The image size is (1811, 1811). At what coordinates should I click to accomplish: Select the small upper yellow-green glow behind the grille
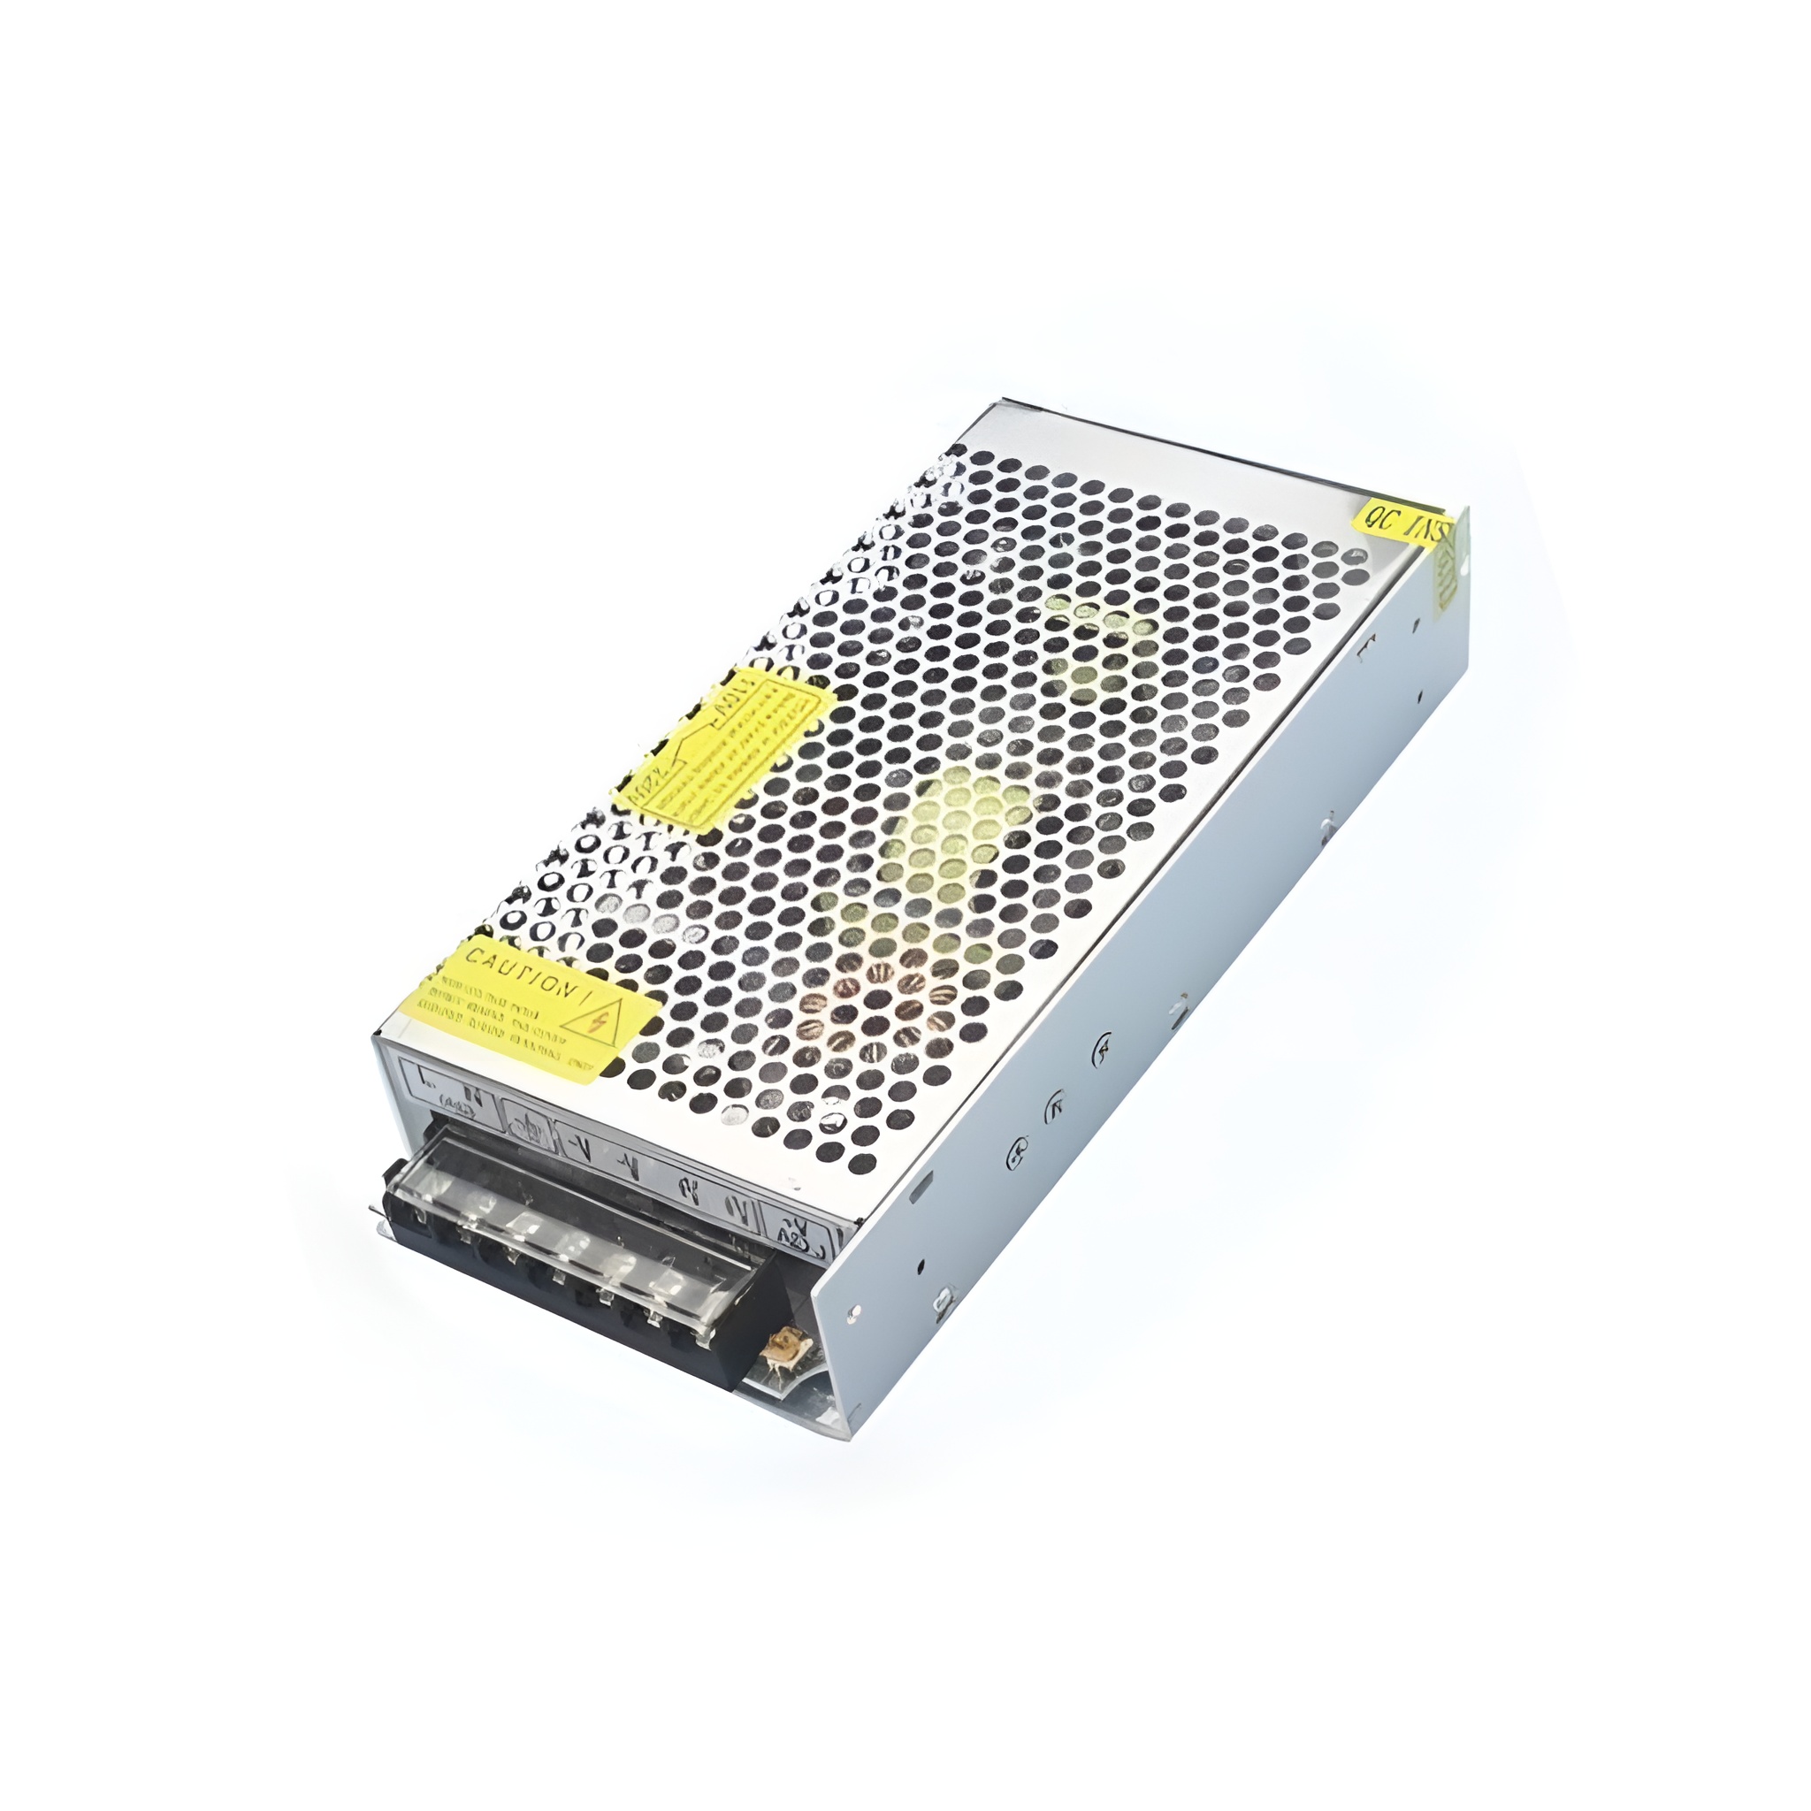1097,646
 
